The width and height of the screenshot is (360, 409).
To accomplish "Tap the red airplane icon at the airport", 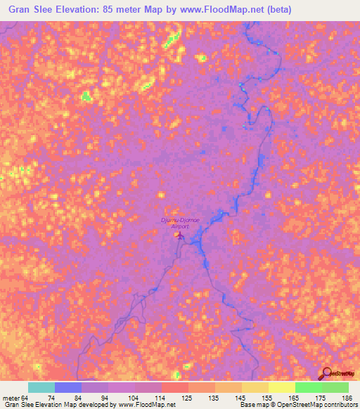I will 181,235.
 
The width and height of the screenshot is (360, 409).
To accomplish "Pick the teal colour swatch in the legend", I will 41,388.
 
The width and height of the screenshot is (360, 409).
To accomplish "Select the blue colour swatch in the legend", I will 67,388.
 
